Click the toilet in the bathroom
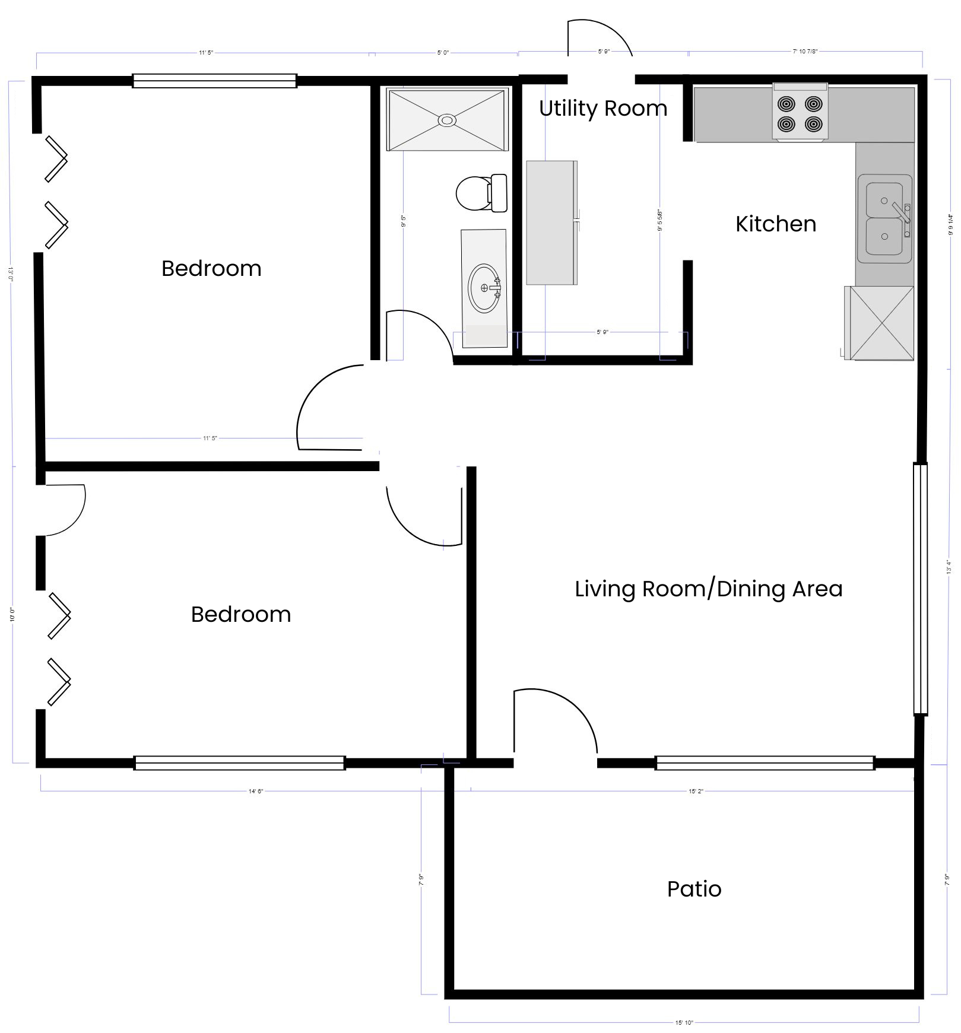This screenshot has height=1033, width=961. (x=480, y=193)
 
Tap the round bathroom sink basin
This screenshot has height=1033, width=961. (x=484, y=288)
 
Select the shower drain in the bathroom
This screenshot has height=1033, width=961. (x=447, y=120)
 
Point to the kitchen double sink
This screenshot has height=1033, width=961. (x=884, y=218)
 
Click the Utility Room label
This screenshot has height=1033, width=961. (x=602, y=109)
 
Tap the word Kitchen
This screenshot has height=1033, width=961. (x=775, y=224)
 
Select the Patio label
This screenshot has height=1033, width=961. (x=694, y=889)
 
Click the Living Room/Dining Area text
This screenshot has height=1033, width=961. (x=708, y=589)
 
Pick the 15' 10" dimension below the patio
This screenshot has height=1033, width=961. (x=684, y=1022)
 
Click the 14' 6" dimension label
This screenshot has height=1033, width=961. (x=255, y=791)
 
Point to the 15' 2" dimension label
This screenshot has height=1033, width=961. (x=696, y=791)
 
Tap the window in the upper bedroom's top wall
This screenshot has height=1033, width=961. (x=214, y=81)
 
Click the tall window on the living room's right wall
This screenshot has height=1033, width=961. (x=920, y=589)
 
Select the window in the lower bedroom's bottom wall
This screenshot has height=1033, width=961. (x=239, y=763)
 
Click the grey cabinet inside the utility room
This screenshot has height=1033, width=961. (x=551, y=223)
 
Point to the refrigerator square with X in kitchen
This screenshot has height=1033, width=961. (x=881, y=323)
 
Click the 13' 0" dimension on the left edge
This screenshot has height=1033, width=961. (x=10, y=274)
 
